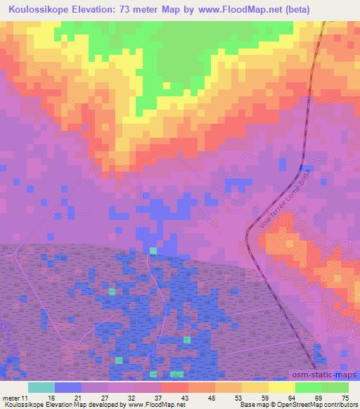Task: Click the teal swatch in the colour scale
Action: click(x=41, y=387)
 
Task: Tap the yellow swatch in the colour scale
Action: click(x=282, y=387)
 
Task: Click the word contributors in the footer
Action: click(x=340, y=404)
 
